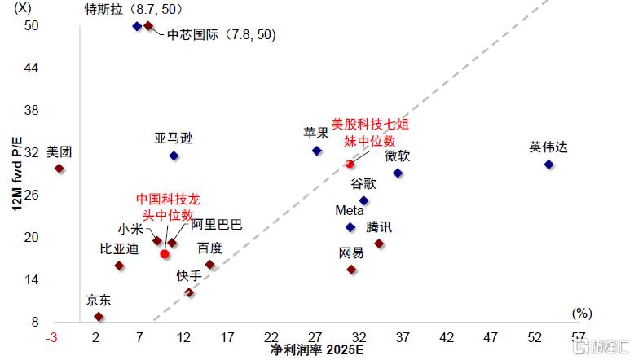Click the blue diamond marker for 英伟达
point(548,165)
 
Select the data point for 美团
point(59,169)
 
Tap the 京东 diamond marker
point(99,317)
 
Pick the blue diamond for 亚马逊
point(174,156)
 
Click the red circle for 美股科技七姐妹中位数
point(350,165)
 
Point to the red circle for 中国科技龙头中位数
point(165,254)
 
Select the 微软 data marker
point(398,173)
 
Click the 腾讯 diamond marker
point(379,244)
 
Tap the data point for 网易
point(351,270)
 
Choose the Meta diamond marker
point(351,227)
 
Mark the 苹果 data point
point(317,151)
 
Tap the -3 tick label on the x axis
point(52,337)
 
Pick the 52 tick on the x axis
point(535,337)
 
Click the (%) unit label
point(581,313)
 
